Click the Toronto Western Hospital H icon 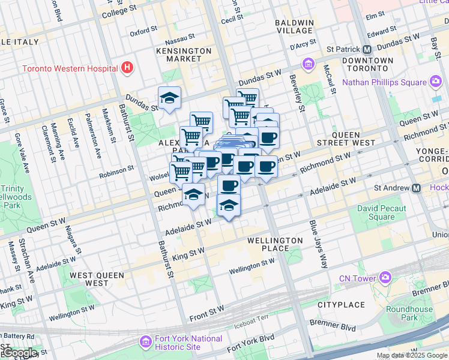point(127,68)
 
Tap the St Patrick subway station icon point(367,49)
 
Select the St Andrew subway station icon point(416,188)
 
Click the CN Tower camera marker point(384,277)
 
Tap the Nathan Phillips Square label point(384,82)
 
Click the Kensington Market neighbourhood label point(184,55)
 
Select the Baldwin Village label point(294,26)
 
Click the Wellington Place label point(275,244)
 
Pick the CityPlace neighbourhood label point(342,305)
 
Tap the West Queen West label point(97,279)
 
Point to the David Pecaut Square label point(381,213)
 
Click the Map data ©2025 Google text point(412,355)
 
